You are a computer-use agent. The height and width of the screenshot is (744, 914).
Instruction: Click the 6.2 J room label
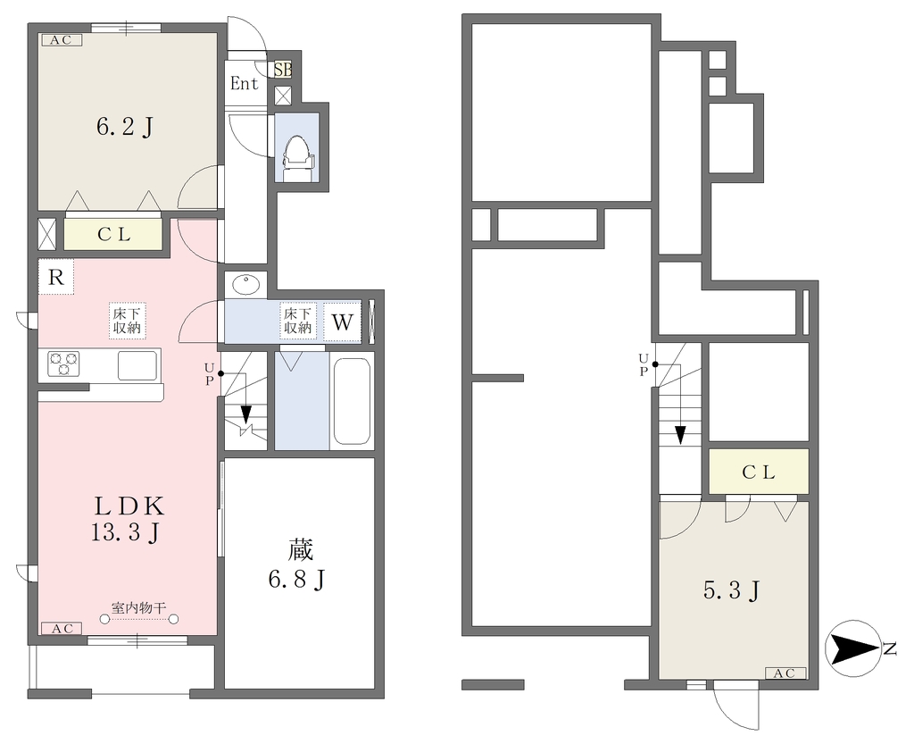[x=125, y=126]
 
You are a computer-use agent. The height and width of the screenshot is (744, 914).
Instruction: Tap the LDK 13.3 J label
[x=127, y=519]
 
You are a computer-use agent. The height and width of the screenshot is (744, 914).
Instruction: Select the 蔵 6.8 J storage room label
[x=298, y=564]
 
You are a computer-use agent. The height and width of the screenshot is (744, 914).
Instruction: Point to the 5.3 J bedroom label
[x=732, y=590]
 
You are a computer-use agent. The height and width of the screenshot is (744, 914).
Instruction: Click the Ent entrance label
[x=245, y=83]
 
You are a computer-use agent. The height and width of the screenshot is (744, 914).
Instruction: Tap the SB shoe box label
[x=283, y=70]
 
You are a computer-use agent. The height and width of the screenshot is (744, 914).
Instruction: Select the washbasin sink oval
[x=246, y=285]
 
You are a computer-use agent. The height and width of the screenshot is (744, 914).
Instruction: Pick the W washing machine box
[x=342, y=322]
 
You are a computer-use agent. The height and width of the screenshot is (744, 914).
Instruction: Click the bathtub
[x=352, y=400]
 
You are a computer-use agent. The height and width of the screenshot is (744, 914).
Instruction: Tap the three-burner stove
[x=63, y=364]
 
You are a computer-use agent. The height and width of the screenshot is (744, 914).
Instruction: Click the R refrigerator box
[x=56, y=277]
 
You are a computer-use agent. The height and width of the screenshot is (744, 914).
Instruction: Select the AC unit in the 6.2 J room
[x=62, y=39]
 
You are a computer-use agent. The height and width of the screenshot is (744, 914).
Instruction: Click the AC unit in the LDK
[x=62, y=628]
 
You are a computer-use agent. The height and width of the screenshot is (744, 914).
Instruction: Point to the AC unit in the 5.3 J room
[x=785, y=673]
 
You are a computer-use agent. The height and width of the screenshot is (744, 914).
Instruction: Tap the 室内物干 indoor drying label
[x=138, y=608]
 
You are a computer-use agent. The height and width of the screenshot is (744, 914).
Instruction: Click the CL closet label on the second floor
[x=759, y=472]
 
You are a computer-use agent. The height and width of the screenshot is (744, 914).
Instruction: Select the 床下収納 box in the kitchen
[x=127, y=320]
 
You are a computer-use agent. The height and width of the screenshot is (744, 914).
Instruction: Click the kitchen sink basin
[x=137, y=365]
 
